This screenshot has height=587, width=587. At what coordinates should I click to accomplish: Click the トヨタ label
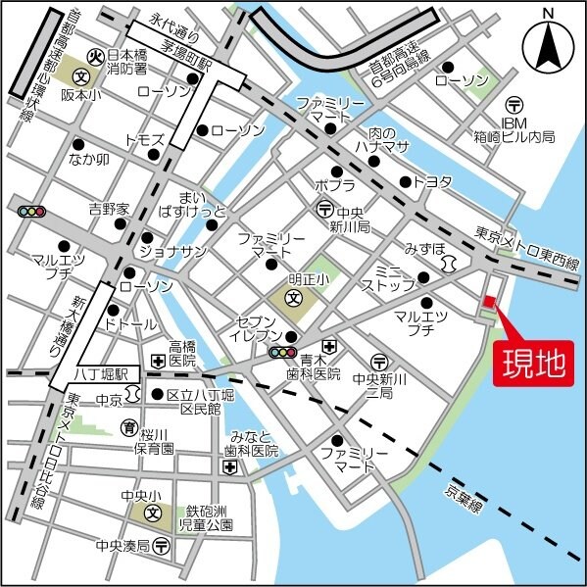(432, 181)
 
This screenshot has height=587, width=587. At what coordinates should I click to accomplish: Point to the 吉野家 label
(109, 209)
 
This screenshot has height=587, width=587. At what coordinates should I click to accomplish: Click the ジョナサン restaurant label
(172, 252)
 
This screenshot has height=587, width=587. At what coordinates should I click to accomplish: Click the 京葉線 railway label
(463, 495)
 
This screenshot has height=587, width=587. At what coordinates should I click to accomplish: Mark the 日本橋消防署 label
(127, 62)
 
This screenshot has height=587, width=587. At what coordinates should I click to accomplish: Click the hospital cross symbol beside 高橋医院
(157, 362)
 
